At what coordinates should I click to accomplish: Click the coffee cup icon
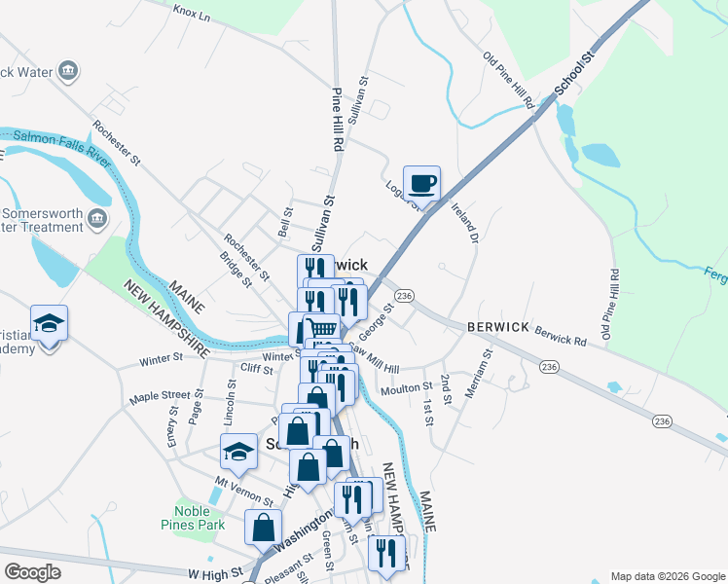421,183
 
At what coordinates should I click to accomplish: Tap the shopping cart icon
322,328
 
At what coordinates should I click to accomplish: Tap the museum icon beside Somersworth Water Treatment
97,217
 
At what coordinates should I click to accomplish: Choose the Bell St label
286,221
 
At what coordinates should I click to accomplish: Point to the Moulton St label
407,387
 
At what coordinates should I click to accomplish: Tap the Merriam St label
484,372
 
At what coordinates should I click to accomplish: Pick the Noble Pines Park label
199,518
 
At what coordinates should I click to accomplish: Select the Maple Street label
161,396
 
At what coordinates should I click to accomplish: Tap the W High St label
216,574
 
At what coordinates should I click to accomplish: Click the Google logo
32,572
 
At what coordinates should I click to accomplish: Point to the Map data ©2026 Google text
667,576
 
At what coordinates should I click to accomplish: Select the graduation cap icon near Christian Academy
49,322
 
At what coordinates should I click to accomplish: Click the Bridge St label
236,270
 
